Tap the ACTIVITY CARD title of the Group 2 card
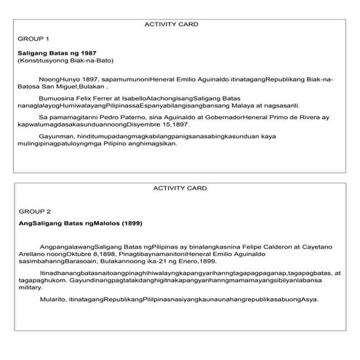point(180,188)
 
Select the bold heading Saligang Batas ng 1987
point(53,54)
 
